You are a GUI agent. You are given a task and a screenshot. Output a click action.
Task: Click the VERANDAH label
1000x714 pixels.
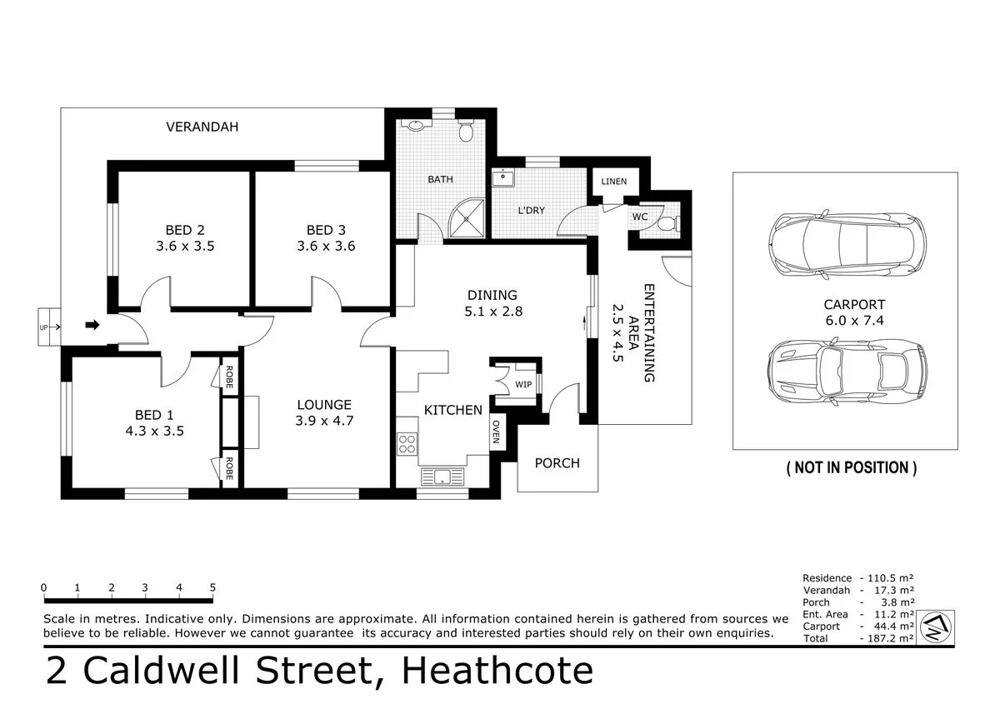[202, 127]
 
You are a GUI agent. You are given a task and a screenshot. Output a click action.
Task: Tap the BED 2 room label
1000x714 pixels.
[185, 230]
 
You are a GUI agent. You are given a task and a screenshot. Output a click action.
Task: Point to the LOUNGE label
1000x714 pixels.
[324, 405]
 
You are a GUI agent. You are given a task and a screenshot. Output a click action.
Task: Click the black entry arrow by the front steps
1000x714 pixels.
[93, 325]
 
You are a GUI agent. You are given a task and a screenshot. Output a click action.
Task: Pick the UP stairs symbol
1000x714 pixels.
[47, 327]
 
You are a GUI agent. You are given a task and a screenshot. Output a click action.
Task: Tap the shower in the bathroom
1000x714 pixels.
[469, 217]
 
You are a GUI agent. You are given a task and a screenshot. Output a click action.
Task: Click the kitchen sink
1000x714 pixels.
[441, 477]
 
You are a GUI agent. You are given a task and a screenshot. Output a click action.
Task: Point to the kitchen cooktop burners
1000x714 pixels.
[407, 444]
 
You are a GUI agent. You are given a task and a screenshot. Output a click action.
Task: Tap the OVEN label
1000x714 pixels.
[496, 432]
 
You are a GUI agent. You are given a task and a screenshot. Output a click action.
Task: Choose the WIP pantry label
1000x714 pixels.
[523, 384]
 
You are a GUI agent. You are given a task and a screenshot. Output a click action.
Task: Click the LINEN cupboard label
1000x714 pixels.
[614, 181]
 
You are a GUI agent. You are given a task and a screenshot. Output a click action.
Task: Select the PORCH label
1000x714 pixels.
[557, 463]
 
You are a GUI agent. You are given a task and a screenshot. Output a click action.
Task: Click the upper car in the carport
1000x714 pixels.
[846, 243]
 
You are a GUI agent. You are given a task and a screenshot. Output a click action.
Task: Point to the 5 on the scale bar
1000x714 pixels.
[212, 587]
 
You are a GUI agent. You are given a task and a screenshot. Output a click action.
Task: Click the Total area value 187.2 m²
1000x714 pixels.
[887, 638]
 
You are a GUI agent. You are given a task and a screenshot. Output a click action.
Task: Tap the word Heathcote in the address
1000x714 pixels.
[498, 672]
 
